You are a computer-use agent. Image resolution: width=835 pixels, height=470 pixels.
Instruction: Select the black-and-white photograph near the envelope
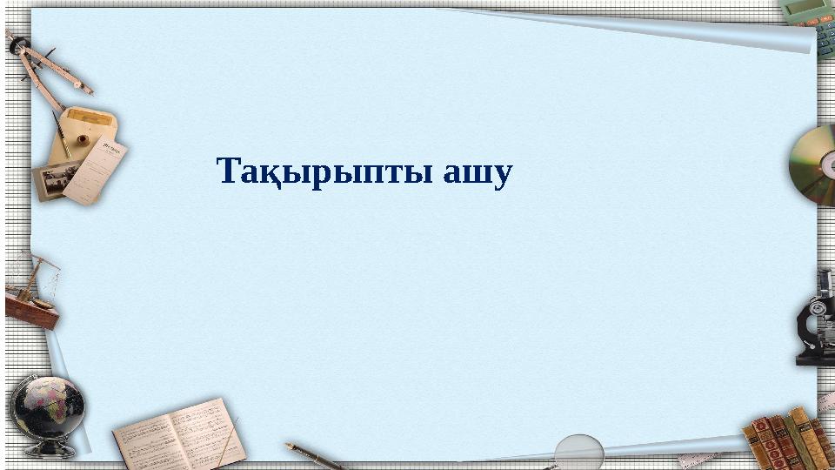(54, 181)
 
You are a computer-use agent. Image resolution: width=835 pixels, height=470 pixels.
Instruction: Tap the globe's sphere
(48, 408)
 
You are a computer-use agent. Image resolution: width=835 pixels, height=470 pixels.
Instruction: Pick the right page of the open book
(207, 431)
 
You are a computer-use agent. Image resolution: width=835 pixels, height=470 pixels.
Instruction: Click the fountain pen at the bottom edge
(313, 455)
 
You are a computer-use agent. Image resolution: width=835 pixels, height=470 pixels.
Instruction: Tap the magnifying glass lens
(578, 450)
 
